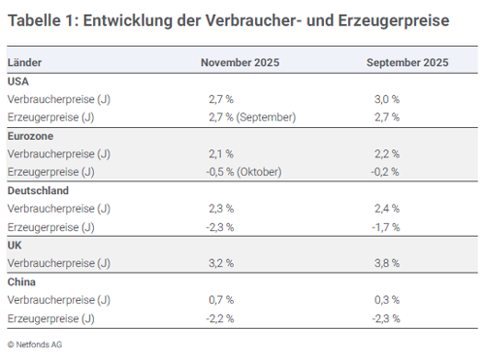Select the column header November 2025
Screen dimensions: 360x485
click(x=241, y=63)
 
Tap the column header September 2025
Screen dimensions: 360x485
click(x=407, y=63)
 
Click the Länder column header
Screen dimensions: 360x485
click(x=24, y=63)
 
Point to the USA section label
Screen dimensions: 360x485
click(x=18, y=81)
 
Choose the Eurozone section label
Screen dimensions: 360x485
click(x=30, y=136)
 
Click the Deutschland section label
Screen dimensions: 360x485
click(x=38, y=191)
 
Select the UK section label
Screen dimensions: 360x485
click(x=15, y=245)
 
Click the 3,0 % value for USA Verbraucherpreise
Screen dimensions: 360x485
click(x=387, y=99)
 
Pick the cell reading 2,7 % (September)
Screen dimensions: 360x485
click(x=251, y=117)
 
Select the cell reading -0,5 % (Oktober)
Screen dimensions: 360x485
click(x=246, y=172)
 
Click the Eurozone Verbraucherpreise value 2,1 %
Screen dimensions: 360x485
click(x=221, y=153)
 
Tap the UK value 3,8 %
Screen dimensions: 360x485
click(x=387, y=263)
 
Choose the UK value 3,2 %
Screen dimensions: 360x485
click(x=221, y=263)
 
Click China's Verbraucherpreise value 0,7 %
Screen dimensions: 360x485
click(x=221, y=300)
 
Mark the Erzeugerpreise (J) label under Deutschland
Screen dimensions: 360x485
click(x=50, y=227)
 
